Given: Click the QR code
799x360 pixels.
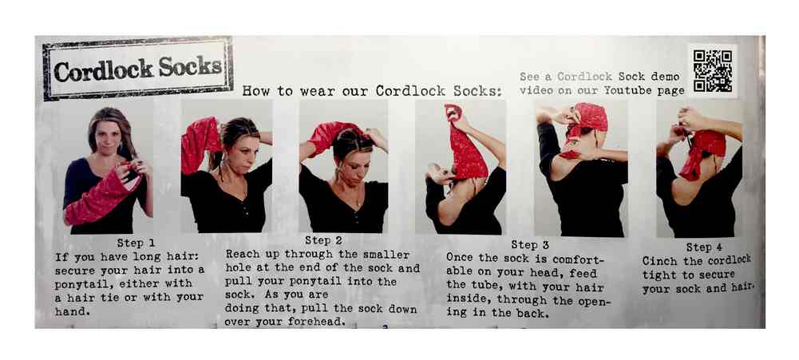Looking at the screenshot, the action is pyautogui.click(x=712, y=70).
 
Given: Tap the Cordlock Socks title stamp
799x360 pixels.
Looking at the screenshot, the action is pyautogui.click(x=137, y=68).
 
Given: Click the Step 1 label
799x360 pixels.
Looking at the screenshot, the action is pyautogui.click(x=136, y=243).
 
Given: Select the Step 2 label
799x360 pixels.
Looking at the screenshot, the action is pyautogui.click(x=323, y=240).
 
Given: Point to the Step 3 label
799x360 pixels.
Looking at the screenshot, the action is pyautogui.click(x=530, y=245).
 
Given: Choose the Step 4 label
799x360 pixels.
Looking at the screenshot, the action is pyautogui.click(x=704, y=247).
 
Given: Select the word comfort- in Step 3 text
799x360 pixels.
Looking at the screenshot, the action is pyautogui.click(x=579, y=259).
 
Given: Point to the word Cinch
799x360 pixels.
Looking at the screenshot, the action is pyautogui.click(x=659, y=261).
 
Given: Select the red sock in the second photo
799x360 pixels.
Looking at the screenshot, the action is pyautogui.click(x=200, y=144).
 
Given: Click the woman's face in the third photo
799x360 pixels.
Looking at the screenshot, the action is pyautogui.click(x=350, y=164).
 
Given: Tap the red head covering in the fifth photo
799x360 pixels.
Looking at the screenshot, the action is pyautogui.click(x=586, y=128).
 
